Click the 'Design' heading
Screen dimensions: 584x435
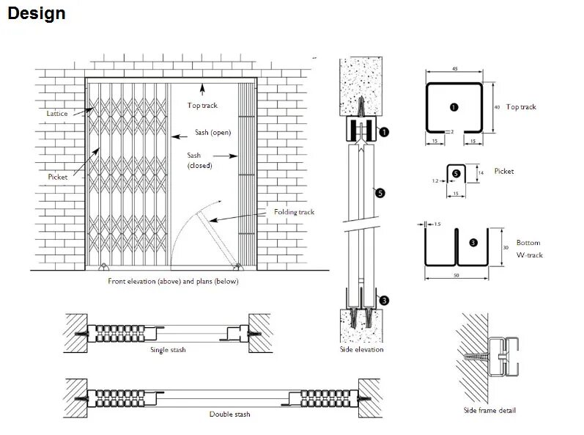pos(37,14)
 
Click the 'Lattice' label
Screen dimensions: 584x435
pos(57,113)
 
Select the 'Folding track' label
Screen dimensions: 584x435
pos(294,212)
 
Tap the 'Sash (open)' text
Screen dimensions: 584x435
pos(213,132)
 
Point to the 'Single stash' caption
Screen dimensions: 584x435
pos(168,350)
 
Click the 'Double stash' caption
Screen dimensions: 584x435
pos(230,414)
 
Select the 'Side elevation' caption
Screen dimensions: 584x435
pos(362,349)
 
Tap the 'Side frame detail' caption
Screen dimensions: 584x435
pos(489,410)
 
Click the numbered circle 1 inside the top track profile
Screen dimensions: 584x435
pos(454,107)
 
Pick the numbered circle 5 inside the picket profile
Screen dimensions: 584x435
pos(456,173)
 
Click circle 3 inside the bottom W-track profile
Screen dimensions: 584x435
pos(473,243)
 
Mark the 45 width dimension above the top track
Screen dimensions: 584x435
pos(455,68)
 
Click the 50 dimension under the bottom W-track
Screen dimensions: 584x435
pos(457,276)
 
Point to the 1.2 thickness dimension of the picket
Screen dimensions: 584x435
pos(435,180)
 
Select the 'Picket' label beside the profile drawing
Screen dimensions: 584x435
pos(504,171)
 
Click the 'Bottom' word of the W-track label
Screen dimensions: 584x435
pos(528,243)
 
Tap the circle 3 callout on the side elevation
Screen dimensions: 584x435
pos(384,301)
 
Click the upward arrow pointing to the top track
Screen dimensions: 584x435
pos(202,89)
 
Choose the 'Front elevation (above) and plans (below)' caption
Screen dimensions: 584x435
pos(173,281)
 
